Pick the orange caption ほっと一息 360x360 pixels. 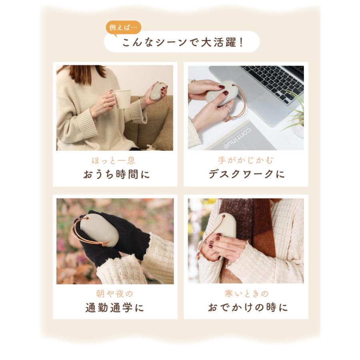114,161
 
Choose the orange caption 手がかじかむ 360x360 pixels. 246,161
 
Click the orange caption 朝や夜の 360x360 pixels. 114,294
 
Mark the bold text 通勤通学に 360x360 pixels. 114,308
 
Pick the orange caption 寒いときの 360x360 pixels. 246,294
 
